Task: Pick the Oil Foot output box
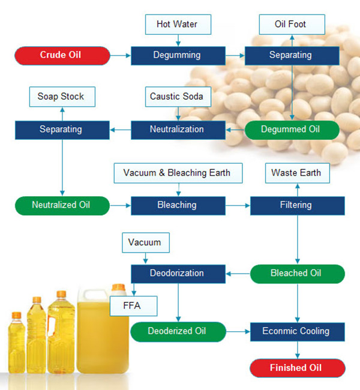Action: click(x=292, y=25)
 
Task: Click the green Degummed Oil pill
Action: click(x=292, y=129)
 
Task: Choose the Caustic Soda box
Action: click(x=178, y=96)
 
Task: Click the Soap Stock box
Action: click(x=61, y=96)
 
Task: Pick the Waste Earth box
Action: click(x=296, y=173)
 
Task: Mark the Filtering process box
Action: click(x=296, y=205)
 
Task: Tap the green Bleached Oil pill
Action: click(x=296, y=273)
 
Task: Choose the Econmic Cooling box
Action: click(x=296, y=331)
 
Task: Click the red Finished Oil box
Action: click(x=296, y=368)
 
